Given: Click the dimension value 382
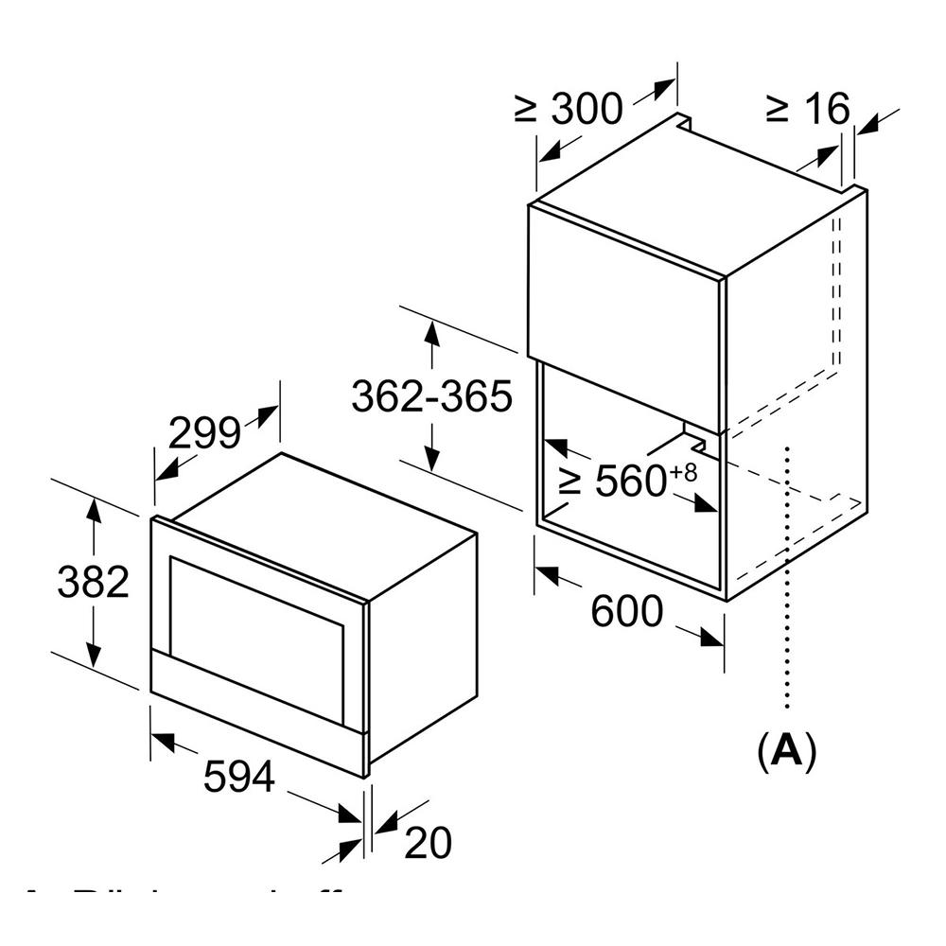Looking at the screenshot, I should click(93, 583).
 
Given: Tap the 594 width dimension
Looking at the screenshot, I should click(239, 778).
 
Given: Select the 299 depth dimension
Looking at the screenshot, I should click(204, 433).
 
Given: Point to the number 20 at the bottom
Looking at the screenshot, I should click(428, 844).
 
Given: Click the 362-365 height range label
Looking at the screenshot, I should click(431, 396).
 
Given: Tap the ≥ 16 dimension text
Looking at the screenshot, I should click(807, 109).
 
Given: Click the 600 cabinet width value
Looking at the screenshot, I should click(627, 612).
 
